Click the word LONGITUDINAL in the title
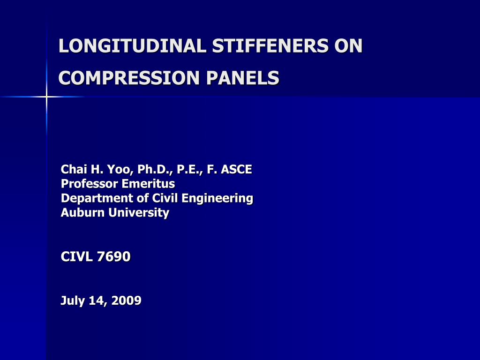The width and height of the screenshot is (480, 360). click(132, 46)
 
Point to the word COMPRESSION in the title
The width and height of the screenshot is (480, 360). click(129, 78)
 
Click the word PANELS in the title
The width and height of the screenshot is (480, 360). click(242, 78)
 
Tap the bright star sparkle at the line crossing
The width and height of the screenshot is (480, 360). click(46, 97)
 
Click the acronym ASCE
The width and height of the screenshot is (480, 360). click(236, 169)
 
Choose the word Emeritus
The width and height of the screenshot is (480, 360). click(148, 184)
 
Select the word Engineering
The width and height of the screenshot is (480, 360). click(217, 198)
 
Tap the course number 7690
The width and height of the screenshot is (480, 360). click(113, 256)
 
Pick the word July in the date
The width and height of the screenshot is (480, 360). click(73, 300)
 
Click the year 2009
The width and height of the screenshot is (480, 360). click(127, 300)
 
